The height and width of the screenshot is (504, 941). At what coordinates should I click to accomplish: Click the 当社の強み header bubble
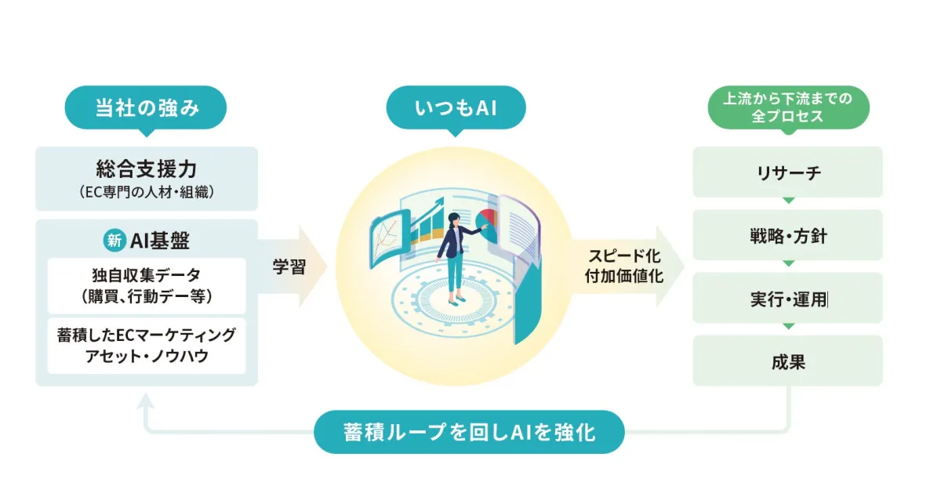[x=147, y=108]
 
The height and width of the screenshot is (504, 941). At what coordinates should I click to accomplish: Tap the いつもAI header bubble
[x=456, y=108]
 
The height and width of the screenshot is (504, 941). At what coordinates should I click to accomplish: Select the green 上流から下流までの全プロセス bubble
[x=789, y=108]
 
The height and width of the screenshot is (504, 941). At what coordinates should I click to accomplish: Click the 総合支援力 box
[x=147, y=179]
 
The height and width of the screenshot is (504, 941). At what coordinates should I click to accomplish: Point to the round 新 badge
[x=114, y=241]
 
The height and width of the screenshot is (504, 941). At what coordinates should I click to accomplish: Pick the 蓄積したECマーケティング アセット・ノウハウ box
[x=147, y=346]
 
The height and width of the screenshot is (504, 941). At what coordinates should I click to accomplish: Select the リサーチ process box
[x=788, y=172]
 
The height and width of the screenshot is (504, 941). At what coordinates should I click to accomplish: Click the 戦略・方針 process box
[x=788, y=235]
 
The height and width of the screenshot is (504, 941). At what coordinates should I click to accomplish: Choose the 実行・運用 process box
[x=788, y=299]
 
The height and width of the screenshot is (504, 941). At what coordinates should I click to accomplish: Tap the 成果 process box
[x=788, y=361]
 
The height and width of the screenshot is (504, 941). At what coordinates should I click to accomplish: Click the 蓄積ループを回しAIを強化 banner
[x=469, y=432]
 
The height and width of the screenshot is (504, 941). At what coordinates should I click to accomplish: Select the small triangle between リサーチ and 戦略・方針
[x=788, y=200]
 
